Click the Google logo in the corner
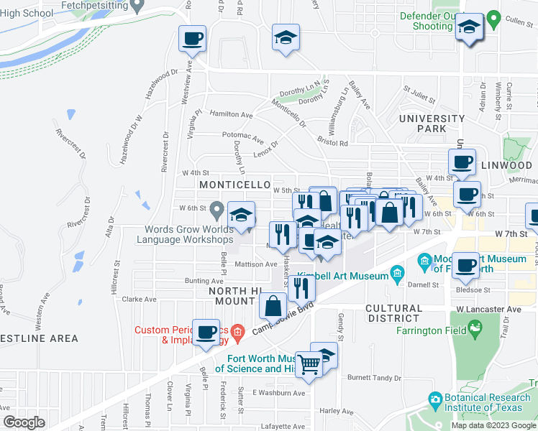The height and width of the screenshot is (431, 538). [x=23, y=422]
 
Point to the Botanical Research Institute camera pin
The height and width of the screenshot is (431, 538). [x=434, y=398]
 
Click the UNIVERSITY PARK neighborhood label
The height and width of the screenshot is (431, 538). [x=432, y=123]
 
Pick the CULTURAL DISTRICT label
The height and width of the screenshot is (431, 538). [x=403, y=312]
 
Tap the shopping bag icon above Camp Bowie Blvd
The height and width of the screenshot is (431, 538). [x=273, y=306]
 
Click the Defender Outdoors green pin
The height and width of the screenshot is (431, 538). [x=493, y=18]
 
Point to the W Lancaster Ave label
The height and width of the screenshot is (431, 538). [x=488, y=309]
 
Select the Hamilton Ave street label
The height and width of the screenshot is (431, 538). [x=231, y=114]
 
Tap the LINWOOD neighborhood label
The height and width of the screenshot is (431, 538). [x=509, y=165]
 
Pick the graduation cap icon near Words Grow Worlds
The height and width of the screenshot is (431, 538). [x=241, y=214]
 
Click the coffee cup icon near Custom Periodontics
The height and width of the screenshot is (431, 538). [x=206, y=331]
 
